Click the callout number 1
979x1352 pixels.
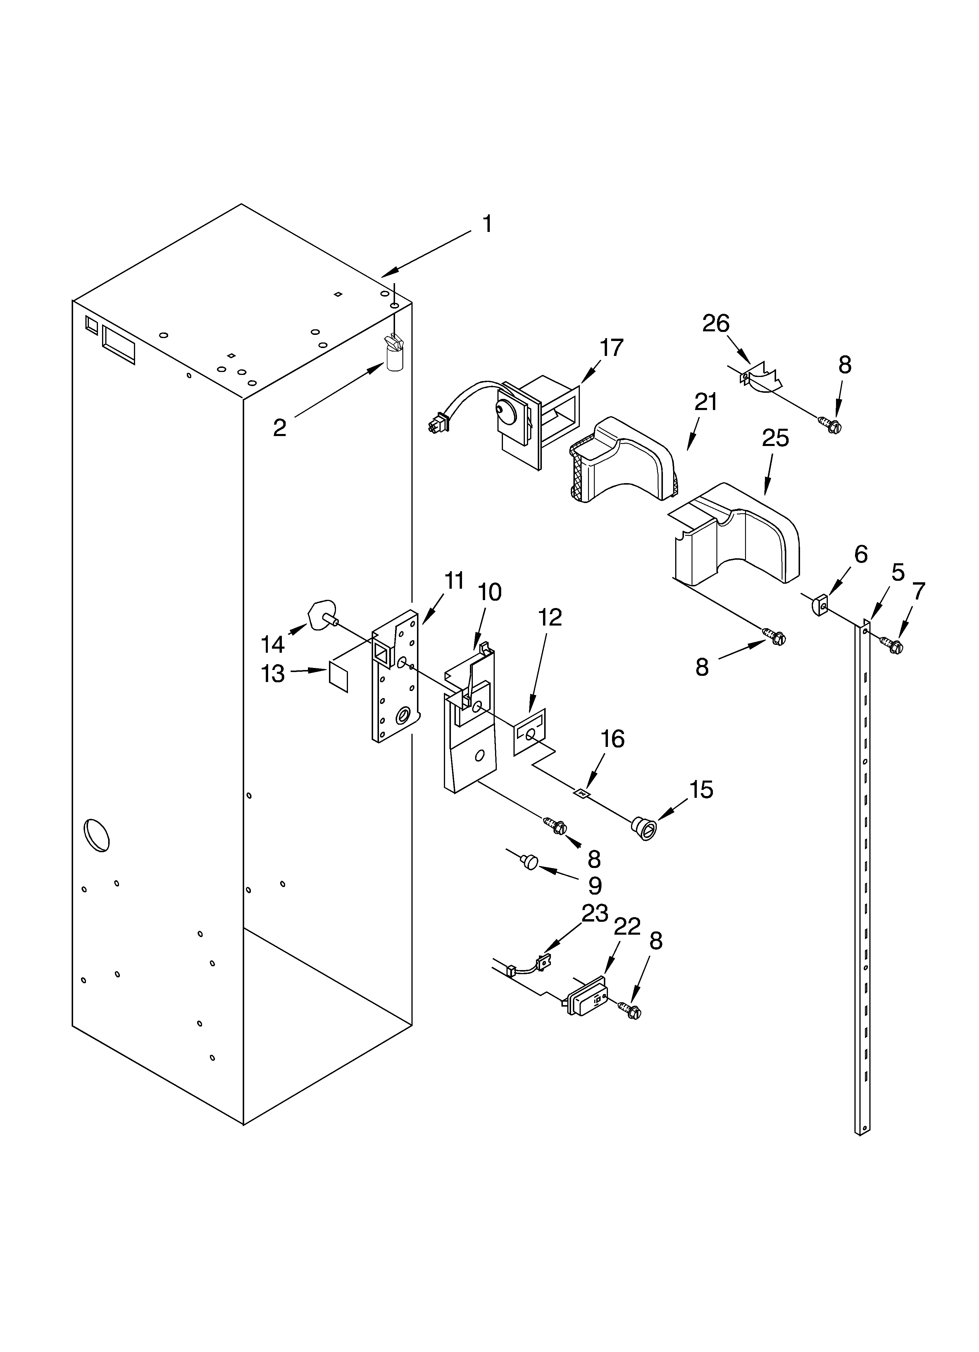point(487,224)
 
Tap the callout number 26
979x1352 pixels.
point(716,324)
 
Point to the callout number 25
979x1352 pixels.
point(775,438)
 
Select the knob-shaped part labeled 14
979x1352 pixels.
point(321,615)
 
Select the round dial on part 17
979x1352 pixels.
point(505,410)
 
